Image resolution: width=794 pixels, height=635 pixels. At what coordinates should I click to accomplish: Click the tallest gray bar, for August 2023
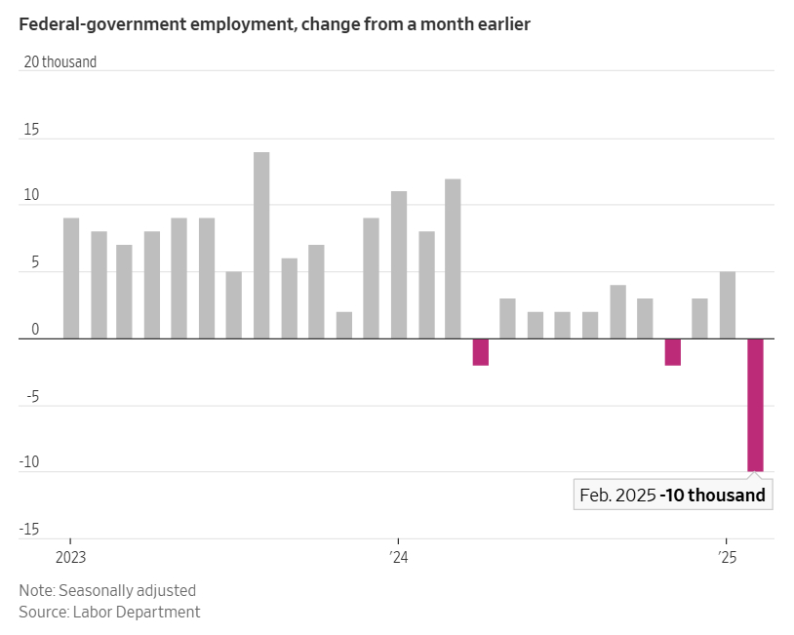point(261,245)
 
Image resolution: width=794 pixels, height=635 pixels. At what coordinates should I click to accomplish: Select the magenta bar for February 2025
point(755,405)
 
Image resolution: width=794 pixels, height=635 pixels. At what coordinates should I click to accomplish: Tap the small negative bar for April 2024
point(480,352)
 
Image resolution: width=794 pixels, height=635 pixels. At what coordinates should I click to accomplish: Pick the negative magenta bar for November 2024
point(672,352)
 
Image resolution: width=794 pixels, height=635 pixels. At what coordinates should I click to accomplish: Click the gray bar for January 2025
point(727,305)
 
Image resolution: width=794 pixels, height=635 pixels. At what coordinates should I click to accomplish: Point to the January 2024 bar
point(398,265)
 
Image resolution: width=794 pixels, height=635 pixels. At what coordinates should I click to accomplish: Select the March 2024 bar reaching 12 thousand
point(453,258)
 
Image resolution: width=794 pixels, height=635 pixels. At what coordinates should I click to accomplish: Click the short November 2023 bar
point(343,326)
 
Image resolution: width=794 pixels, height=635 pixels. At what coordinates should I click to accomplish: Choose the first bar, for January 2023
point(70,278)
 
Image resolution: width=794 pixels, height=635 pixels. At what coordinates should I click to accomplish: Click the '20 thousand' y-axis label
point(60,62)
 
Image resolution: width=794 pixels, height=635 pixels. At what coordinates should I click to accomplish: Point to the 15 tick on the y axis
point(31,130)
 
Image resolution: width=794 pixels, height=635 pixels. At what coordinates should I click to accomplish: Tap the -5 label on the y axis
point(30,396)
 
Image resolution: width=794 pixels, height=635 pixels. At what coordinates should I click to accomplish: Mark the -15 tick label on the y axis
point(28,530)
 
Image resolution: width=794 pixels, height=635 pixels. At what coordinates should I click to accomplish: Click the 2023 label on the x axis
point(70,557)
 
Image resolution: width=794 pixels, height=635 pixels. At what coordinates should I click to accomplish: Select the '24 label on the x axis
point(398,557)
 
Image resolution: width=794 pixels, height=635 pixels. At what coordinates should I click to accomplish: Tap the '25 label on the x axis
point(727,557)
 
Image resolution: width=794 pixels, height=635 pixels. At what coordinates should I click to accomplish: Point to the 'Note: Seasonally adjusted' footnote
point(107,590)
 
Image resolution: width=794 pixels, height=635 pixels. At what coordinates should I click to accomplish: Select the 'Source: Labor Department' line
point(109,612)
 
